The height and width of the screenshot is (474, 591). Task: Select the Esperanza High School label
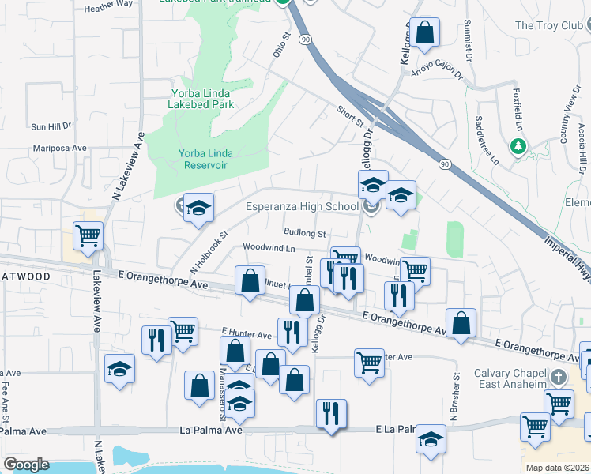tap(302, 208)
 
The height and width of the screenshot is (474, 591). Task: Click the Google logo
tap(26, 465)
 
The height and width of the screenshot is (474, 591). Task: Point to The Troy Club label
tap(548, 26)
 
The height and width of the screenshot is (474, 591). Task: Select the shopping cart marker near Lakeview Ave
tap(88, 235)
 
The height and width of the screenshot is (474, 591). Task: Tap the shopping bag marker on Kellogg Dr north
tap(424, 32)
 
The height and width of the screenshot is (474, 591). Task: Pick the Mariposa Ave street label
tap(59, 148)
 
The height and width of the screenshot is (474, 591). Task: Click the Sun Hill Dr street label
tap(51, 126)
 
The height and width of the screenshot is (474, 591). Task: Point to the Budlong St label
tap(306, 234)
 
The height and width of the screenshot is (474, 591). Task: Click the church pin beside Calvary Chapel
tap(559, 377)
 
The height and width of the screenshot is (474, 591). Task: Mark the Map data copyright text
tap(558, 468)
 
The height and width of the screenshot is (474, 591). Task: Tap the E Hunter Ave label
tap(246, 336)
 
